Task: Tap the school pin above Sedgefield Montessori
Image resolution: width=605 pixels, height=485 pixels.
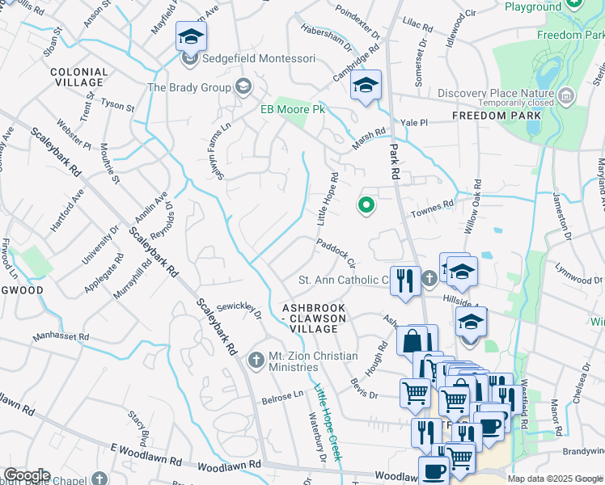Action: (191, 36)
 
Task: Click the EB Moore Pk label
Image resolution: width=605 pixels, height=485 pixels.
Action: (291, 109)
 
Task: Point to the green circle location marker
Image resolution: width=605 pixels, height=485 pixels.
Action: (366, 206)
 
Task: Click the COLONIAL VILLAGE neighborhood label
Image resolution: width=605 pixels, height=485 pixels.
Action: (78, 77)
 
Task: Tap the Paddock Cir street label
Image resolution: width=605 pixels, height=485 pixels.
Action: (336, 251)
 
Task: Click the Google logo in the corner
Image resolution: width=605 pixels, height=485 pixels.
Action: (26, 475)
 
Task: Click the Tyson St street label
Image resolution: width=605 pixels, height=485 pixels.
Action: (118, 106)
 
